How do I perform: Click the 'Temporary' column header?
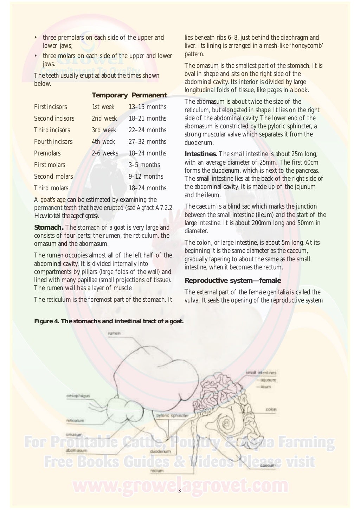point(109,95)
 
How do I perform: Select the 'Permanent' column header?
point(149,95)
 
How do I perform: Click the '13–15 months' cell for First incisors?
point(147,107)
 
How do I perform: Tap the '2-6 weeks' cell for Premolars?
point(105,153)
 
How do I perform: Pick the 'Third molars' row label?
point(51,188)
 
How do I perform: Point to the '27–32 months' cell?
point(147,142)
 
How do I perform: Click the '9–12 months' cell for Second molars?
point(146,177)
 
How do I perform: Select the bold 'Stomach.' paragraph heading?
point(49,228)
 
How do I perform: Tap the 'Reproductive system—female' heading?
point(233,281)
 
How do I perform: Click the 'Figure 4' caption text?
point(109,321)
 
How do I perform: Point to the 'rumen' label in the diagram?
point(114,333)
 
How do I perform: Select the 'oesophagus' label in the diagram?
point(78,396)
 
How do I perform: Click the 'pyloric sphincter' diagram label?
point(172,415)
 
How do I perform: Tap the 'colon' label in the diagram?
point(271,410)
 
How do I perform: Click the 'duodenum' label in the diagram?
point(160,451)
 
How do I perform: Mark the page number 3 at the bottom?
point(179,491)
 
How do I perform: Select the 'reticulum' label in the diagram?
point(75,420)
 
